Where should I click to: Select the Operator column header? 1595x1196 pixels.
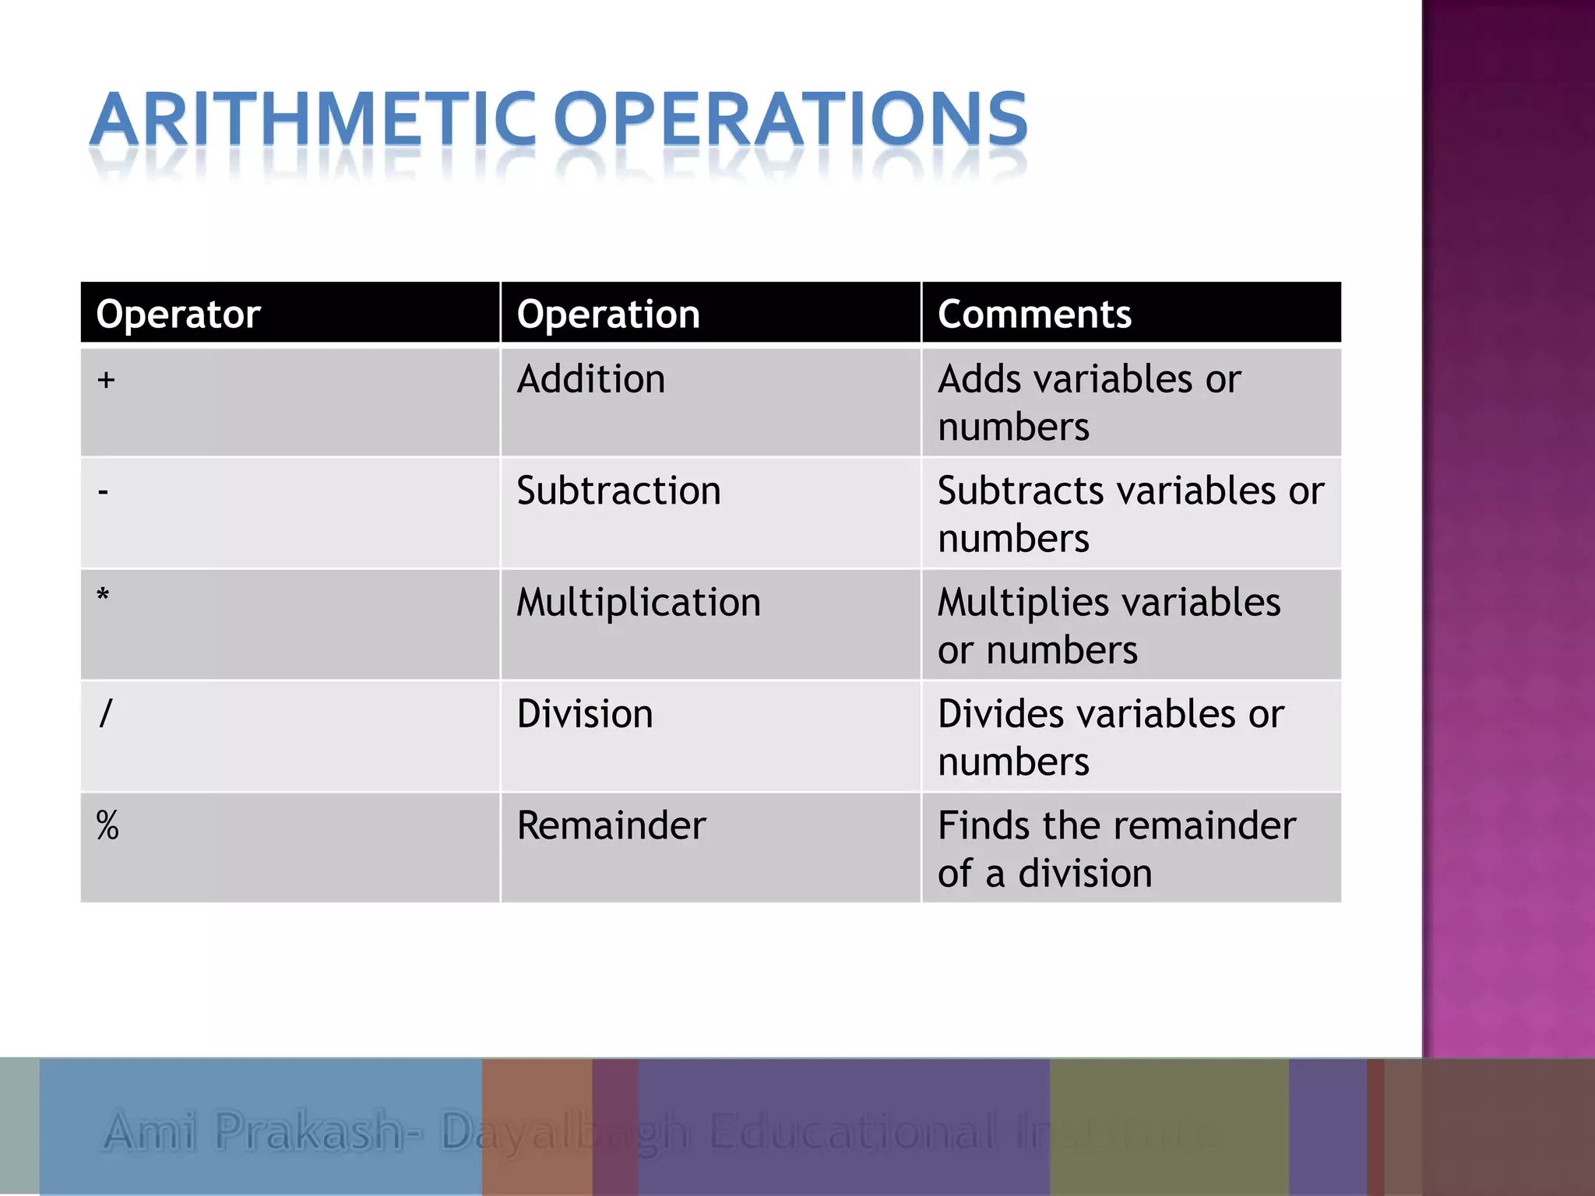point(178,315)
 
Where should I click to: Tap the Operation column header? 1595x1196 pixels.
point(608,315)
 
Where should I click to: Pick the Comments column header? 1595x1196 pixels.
point(1034,315)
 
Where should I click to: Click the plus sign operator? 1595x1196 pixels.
point(106,380)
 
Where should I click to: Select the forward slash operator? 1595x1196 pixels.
point(106,713)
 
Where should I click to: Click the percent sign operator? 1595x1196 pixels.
point(107,825)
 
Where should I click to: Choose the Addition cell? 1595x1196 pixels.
point(591,380)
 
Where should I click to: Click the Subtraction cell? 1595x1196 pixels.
point(618,491)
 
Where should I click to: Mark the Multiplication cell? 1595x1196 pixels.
point(639,603)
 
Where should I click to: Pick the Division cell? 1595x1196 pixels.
point(585,714)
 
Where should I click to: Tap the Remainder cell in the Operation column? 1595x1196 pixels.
point(611,825)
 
